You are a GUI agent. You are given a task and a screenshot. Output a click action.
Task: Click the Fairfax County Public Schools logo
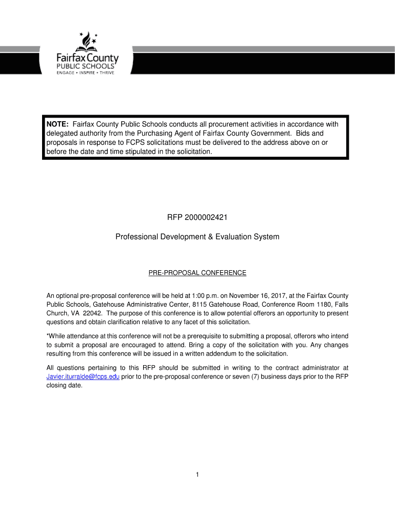[x=87, y=54]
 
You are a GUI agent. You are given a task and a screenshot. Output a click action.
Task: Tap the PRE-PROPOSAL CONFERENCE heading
[x=197, y=273]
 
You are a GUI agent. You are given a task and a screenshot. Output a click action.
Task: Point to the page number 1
[x=197, y=475]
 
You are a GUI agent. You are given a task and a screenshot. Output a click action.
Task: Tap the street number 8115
[x=201, y=305]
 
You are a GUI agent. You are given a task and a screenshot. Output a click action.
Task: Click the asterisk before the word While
[x=48, y=336]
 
